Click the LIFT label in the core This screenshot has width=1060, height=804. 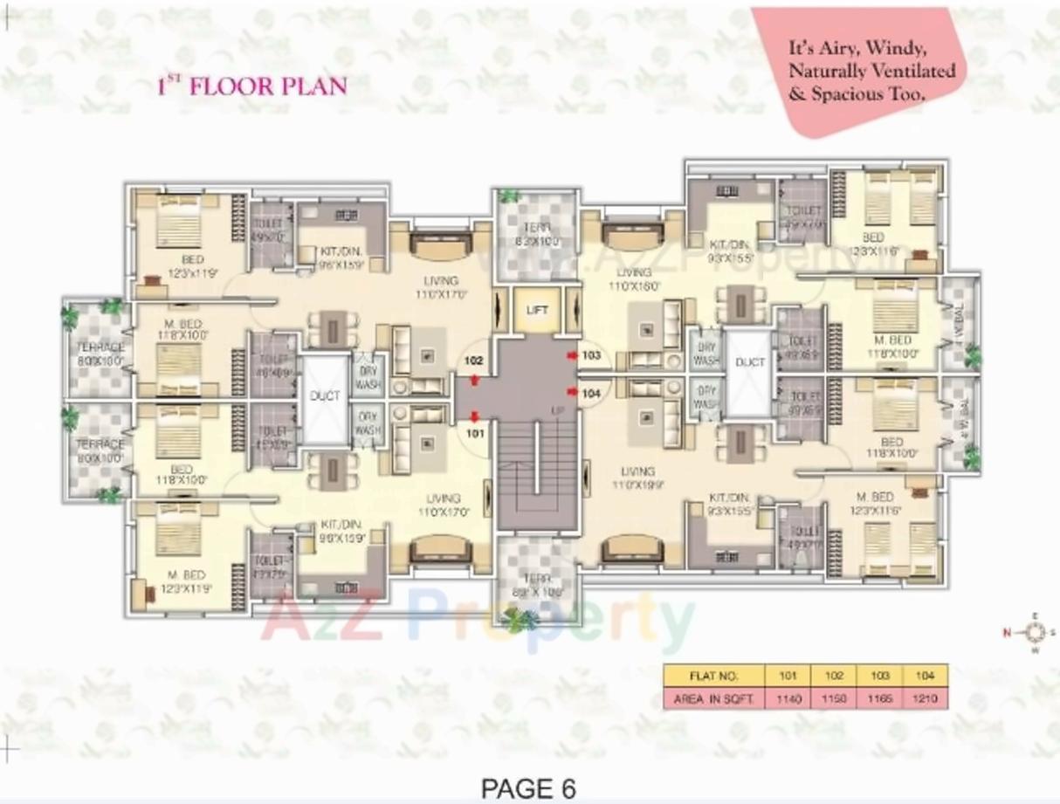click(x=536, y=310)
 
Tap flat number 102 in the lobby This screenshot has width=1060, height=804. click(x=474, y=360)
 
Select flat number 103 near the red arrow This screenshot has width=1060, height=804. click(x=592, y=355)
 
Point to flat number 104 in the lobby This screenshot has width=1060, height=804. click(x=592, y=393)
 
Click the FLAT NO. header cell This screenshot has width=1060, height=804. click(x=713, y=676)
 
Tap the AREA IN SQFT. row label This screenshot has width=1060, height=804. click(x=713, y=698)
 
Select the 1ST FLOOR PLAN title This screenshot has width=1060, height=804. click(x=251, y=86)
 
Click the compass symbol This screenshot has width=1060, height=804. click(x=1036, y=632)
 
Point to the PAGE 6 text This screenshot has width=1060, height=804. click(x=529, y=788)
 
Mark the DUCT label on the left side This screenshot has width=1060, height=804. click(x=325, y=396)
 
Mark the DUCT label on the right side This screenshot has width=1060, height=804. click(x=749, y=362)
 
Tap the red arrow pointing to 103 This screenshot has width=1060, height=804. click(x=572, y=355)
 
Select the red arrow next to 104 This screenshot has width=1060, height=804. click(x=572, y=393)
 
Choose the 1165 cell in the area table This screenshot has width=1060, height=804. click(x=879, y=698)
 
